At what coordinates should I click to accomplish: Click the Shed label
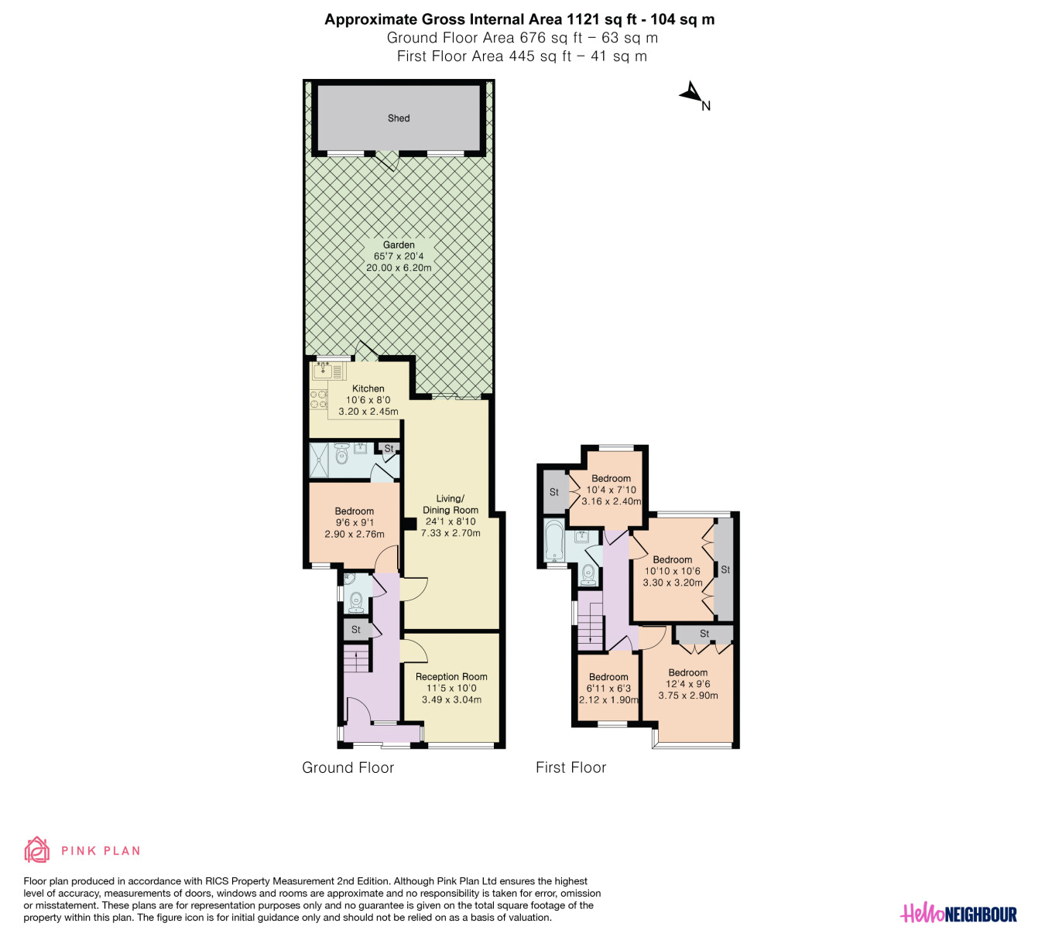pos(399,118)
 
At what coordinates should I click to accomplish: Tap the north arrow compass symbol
pos(692,94)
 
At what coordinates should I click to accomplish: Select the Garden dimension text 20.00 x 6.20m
pos(399,268)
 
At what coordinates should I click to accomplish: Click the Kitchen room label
pos(368,388)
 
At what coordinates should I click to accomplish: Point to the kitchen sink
pos(323,371)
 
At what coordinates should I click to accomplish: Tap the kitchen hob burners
pos(319,399)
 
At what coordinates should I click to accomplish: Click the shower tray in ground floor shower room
pos(319,460)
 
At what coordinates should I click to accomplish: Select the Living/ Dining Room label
pos(450,504)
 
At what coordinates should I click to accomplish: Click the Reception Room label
pos(451,677)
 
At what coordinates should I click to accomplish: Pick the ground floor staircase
pos(356,659)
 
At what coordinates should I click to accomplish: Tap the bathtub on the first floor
pos(553,540)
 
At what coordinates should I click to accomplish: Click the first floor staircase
pos(590,624)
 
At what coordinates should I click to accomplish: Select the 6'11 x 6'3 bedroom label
pos(608,688)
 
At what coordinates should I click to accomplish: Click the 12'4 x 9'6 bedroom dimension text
pos(688,684)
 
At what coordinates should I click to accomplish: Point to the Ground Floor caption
pos(348,768)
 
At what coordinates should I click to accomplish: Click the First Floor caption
pos(571,768)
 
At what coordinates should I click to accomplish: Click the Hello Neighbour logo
pos(958,913)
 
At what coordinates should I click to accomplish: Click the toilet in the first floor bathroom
pos(588,574)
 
